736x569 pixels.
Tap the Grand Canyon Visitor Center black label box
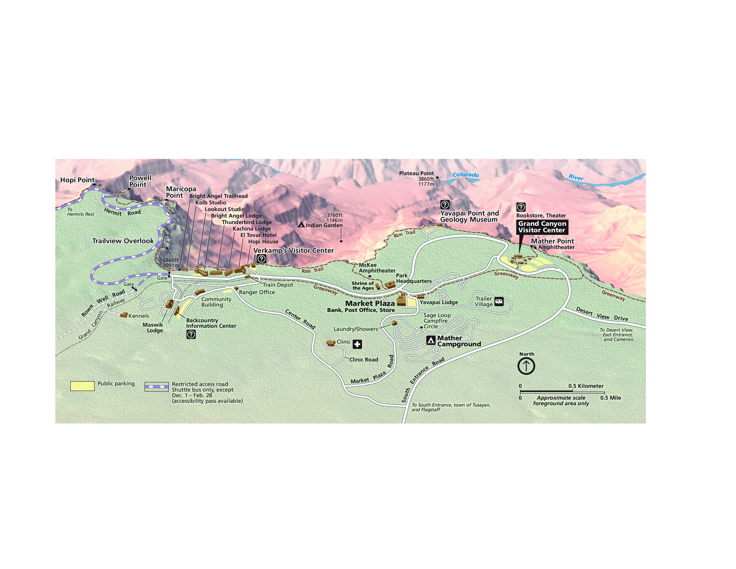coord(542,227)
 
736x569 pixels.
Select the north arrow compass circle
coord(526,366)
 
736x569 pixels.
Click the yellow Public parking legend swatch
coord(82,386)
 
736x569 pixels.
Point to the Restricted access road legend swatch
coord(156,387)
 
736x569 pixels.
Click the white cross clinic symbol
coord(357,344)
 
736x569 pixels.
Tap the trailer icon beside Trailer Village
coord(499,301)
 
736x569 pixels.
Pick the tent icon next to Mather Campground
coord(431,341)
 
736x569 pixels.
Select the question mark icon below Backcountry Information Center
coord(191,334)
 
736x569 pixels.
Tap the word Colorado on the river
coord(465,175)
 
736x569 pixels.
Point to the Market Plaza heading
coord(370,303)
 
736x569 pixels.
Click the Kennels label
coord(139,316)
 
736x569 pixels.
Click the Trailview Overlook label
coord(123,241)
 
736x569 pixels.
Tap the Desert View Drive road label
coord(602,314)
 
